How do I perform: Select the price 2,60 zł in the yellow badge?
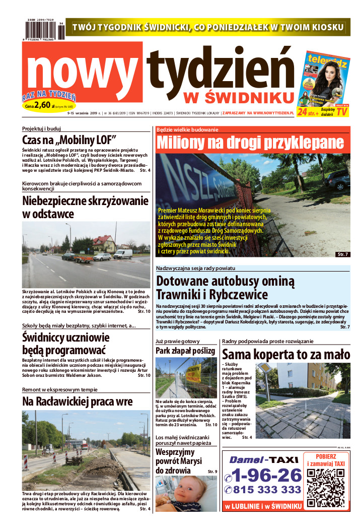pyautogui.click(x=43, y=106)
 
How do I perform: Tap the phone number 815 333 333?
pyautogui.click(x=263, y=490)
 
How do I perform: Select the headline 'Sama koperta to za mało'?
pyautogui.click(x=285, y=354)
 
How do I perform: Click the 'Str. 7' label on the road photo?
pyautogui.click(x=342, y=254)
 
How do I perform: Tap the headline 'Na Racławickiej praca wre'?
pyautogui.click(x=78, y=402)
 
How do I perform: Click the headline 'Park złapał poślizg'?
pyautogui.click(x=185, y=350)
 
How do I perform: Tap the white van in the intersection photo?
pyautogui.click(x=123, y=254)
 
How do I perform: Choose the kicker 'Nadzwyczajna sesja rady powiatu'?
pyautogui.click(x=195, y=268)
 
